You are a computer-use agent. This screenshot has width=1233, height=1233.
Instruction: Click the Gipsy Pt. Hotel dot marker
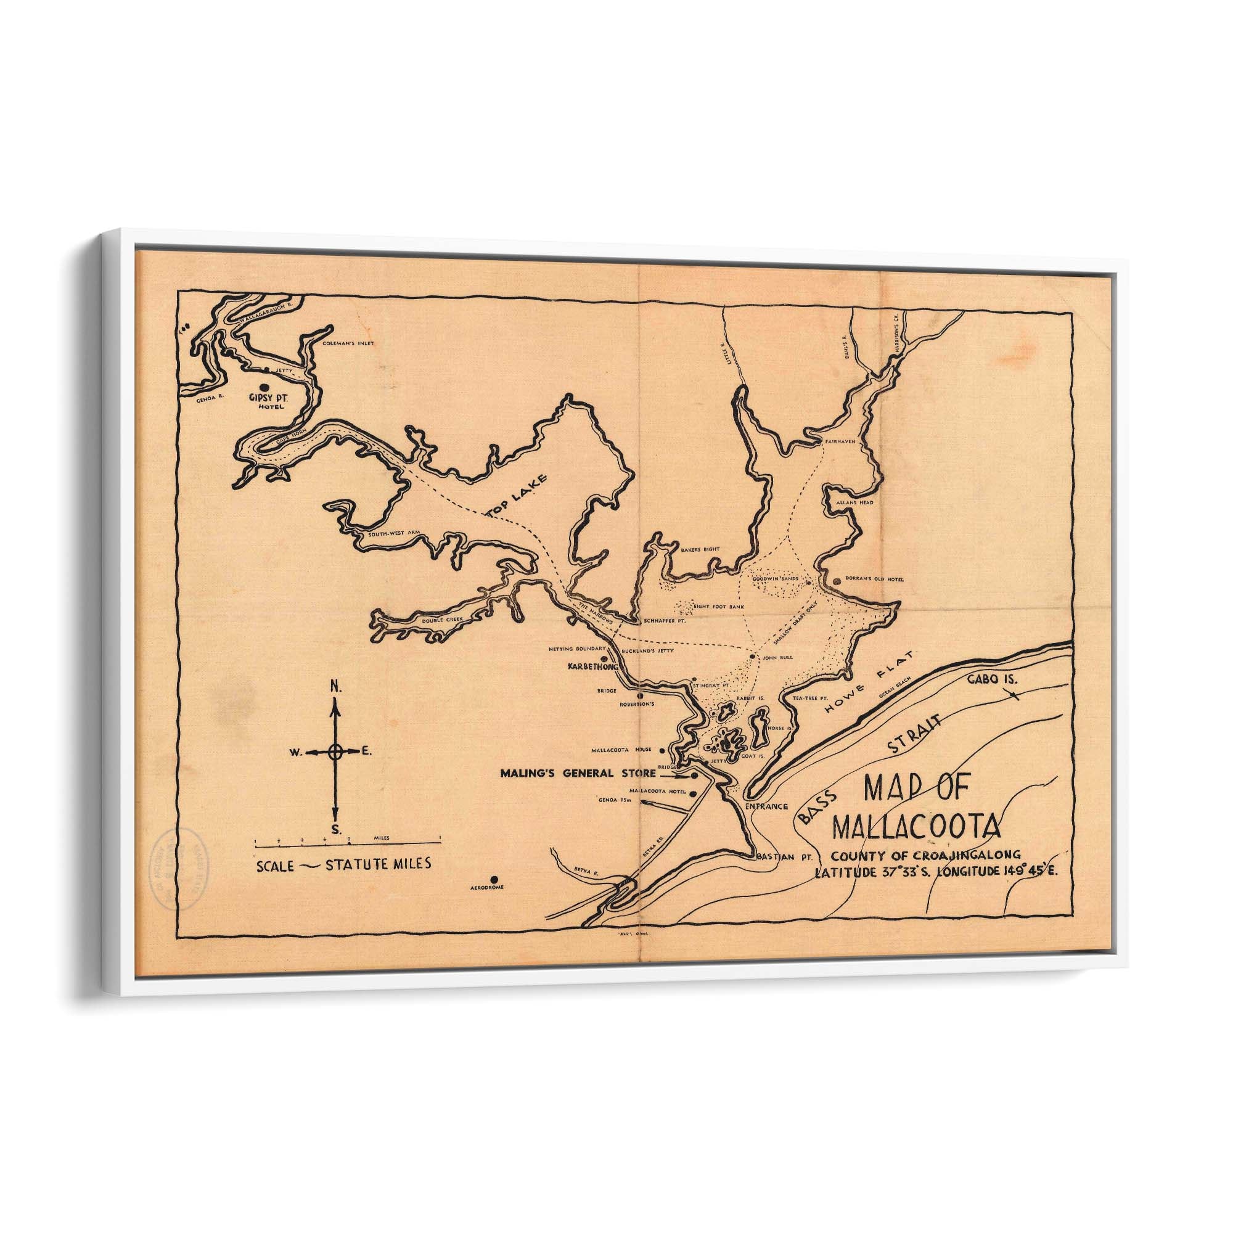[265, 388]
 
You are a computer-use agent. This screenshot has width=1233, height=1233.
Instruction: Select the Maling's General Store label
[578, 774]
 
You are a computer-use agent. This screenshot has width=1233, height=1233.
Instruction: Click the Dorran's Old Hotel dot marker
[837, 581]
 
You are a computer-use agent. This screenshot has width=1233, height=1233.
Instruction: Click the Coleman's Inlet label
[348, 343]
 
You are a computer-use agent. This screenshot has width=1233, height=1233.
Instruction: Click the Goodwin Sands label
[775, 579]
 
